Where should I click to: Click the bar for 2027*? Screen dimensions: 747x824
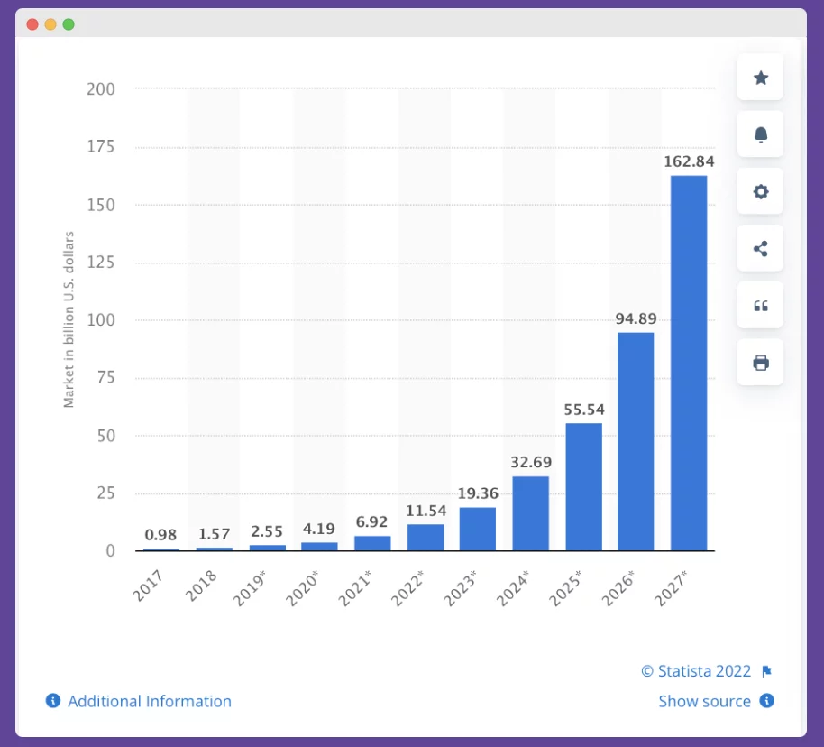coord(689,363)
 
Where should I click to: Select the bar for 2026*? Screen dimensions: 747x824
coord(636,441)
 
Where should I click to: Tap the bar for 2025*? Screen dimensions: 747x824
coord(583,486)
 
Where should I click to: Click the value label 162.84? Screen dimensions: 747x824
coord(689,161)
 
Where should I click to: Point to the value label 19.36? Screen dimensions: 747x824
coord(478,493)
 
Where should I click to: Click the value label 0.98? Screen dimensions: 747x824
coord(160,535)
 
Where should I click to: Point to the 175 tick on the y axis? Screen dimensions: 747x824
coord(101,147)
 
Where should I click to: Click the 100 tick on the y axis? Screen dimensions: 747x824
coord(101,320)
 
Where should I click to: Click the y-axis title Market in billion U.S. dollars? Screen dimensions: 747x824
coord(69,319)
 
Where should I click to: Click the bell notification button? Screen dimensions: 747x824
coord(760,134)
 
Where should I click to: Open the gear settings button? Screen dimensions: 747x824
coord(760,191)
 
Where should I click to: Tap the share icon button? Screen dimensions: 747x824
coord(760,249)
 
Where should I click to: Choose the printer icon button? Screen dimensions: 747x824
coord(760,363)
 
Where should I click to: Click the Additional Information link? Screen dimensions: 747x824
coord(149,701)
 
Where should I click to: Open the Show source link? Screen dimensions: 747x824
coord(704,701)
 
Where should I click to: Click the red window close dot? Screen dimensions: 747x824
coord(32,24)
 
